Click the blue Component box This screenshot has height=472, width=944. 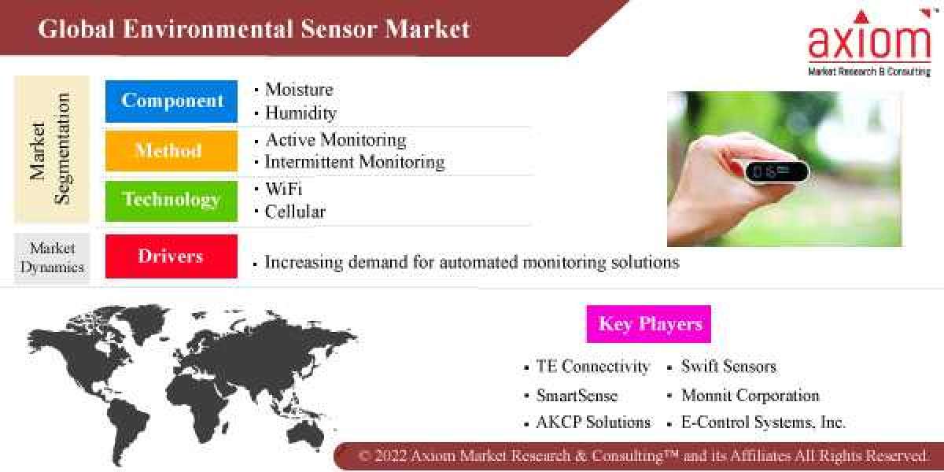click(171, 101)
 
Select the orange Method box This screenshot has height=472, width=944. click(171, 150)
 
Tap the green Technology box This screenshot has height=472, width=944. click(171, 200)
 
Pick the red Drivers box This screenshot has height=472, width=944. click(171, 256)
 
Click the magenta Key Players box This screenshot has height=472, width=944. click(649, 324)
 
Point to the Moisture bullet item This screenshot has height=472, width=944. click(299, 90)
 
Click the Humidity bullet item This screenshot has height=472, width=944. click(301, 113)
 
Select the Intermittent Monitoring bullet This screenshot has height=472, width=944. click(354, 162)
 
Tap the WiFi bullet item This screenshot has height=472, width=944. click(283, 189)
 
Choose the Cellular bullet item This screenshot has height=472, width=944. click(295, 212)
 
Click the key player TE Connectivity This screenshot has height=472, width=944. click(592, 367)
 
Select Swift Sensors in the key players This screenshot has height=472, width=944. click(728, 367)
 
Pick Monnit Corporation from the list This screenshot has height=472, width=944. click(750, 395)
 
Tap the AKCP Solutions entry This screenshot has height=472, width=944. click(593, 422)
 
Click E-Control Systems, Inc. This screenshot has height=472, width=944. click(763, 422)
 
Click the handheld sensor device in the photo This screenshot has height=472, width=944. click(775, 171)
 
